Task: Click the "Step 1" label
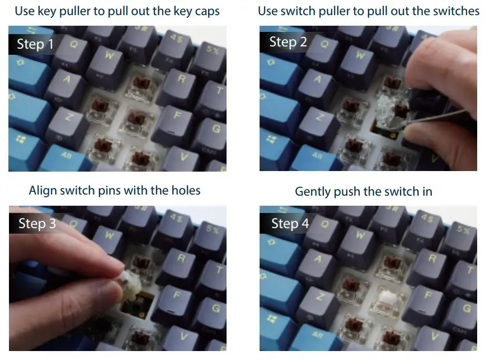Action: [35, 44]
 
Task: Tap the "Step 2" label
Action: [288, 42]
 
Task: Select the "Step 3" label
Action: [37, 224]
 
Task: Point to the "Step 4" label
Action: [290, 224]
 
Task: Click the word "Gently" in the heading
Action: [313, 192]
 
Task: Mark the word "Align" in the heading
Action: [43, 191]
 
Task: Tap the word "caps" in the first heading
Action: [204, 11]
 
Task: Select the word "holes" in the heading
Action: [184, 191]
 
